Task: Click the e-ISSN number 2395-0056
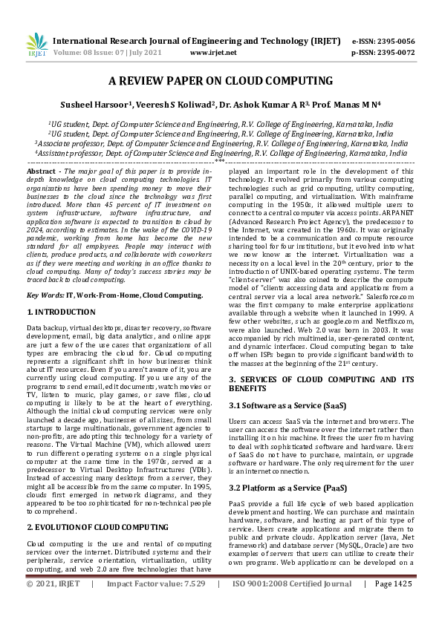pyautogui.click(x=393, y=41)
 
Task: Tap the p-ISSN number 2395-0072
pyautogui.click(x=393, y=53)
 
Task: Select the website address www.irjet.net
pyautogui.click(x=213, y=53)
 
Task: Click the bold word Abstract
pyautogui.click(x=42, y=171)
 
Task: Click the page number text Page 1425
pyautogui.click(x=393, y=605)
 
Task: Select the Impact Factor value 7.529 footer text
pyautogui.click(x=156, y=605)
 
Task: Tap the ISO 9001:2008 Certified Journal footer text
pyautogui.click(x=291, y=605)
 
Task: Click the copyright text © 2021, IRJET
pyautogui.click(x=53, y=605)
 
